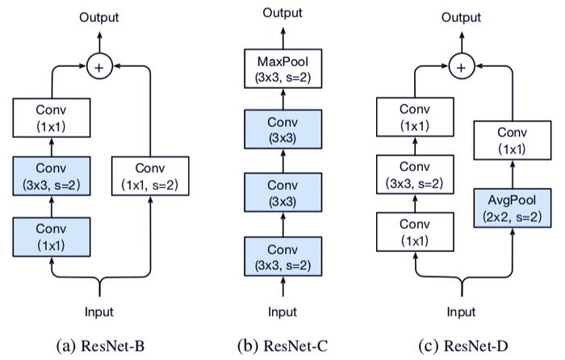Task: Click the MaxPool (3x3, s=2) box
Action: [x=282, y=69]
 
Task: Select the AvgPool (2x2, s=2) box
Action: [x=512, y=208]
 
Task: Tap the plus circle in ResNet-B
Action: [x=99, y=67]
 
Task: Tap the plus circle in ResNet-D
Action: [x=462, y=67]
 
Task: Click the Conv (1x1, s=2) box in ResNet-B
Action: [x=150, y=176]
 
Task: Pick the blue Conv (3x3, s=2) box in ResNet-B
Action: [x=52, y=176]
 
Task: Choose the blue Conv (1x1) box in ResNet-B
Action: [x=52, y=237]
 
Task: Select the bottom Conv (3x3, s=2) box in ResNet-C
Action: [x=282, y=256]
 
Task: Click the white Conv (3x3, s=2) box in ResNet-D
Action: [x=415, y=174]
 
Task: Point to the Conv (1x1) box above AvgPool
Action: [x=512, y=140]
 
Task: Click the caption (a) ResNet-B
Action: [x=101, y=346]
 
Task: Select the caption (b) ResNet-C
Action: [x=282, y=346]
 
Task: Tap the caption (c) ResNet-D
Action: [x=463, y=346]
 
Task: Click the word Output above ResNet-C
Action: [x=282, y=13]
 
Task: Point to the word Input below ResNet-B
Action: [x=99, y=312]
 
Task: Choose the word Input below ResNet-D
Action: [x=461, y=312]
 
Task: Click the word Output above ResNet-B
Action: [x=99, y=17]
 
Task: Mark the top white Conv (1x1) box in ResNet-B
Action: [x=52, y=118]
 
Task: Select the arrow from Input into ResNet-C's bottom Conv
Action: [x=282, y=287]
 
